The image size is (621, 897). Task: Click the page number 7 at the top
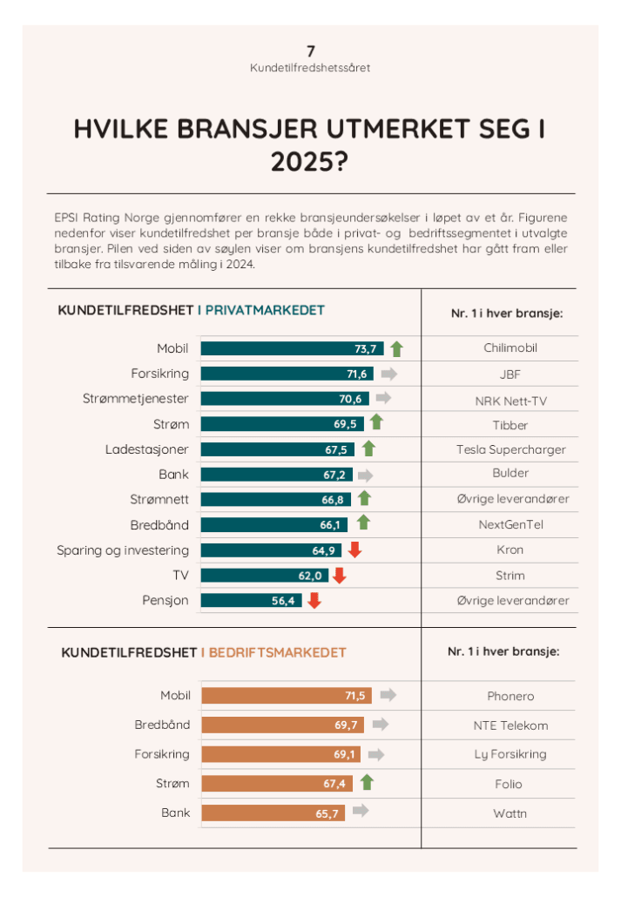coord(310,51)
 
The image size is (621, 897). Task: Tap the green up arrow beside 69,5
coord(376,423)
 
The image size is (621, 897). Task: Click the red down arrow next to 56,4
coord(314,600)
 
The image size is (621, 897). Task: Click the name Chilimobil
coord(510,348)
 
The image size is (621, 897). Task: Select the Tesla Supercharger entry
coord(510,449)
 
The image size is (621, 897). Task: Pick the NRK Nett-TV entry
coord(510,400)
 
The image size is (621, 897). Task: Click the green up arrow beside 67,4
coord(367,782)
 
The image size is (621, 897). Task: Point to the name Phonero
coord(510,697)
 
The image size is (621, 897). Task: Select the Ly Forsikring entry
coord(510,754)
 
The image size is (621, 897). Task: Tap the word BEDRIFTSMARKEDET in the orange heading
coord(273,652)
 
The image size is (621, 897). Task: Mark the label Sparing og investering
coord(123,550)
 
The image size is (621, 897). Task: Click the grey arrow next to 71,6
coord(388,374)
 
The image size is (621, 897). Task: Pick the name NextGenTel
coord(510,525)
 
